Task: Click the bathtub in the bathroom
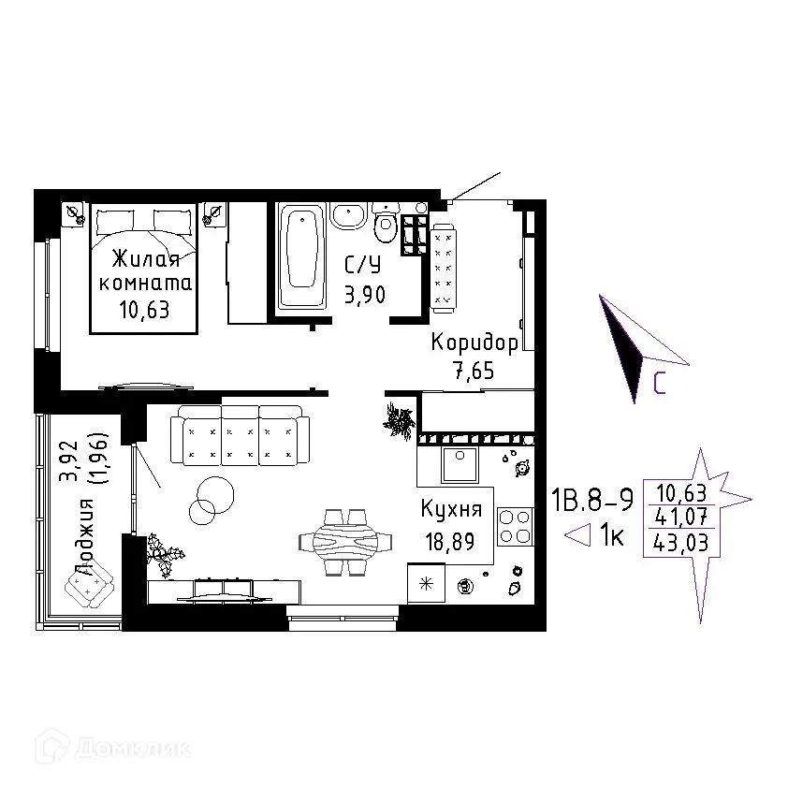[x=301, y=255]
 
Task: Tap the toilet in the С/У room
[x=386, y=223]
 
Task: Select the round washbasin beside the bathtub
[x=348, y=216]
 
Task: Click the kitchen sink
[x=460, y=464]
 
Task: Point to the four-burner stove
[x=515, y=527]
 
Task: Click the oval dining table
[x=344, y=542]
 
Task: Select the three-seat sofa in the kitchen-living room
[x=240, y=434]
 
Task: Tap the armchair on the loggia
[x=90, y=584]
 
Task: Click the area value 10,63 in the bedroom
[x=144, y=310]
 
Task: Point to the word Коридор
[x=474, y=343]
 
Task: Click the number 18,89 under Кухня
[x=450, y=542]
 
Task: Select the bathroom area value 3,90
[x=365, y=295]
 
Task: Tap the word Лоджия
[x=83, y=537]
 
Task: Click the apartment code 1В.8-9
[x=592, y=500]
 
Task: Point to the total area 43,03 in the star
[x=681, y=543]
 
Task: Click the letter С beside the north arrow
[x=660, y=384]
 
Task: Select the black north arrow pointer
[x=621, y=348]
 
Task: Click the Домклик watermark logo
[x=112, y=750]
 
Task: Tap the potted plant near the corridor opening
[x=400, y=420]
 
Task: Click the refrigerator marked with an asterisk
[x=426, y=583]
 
